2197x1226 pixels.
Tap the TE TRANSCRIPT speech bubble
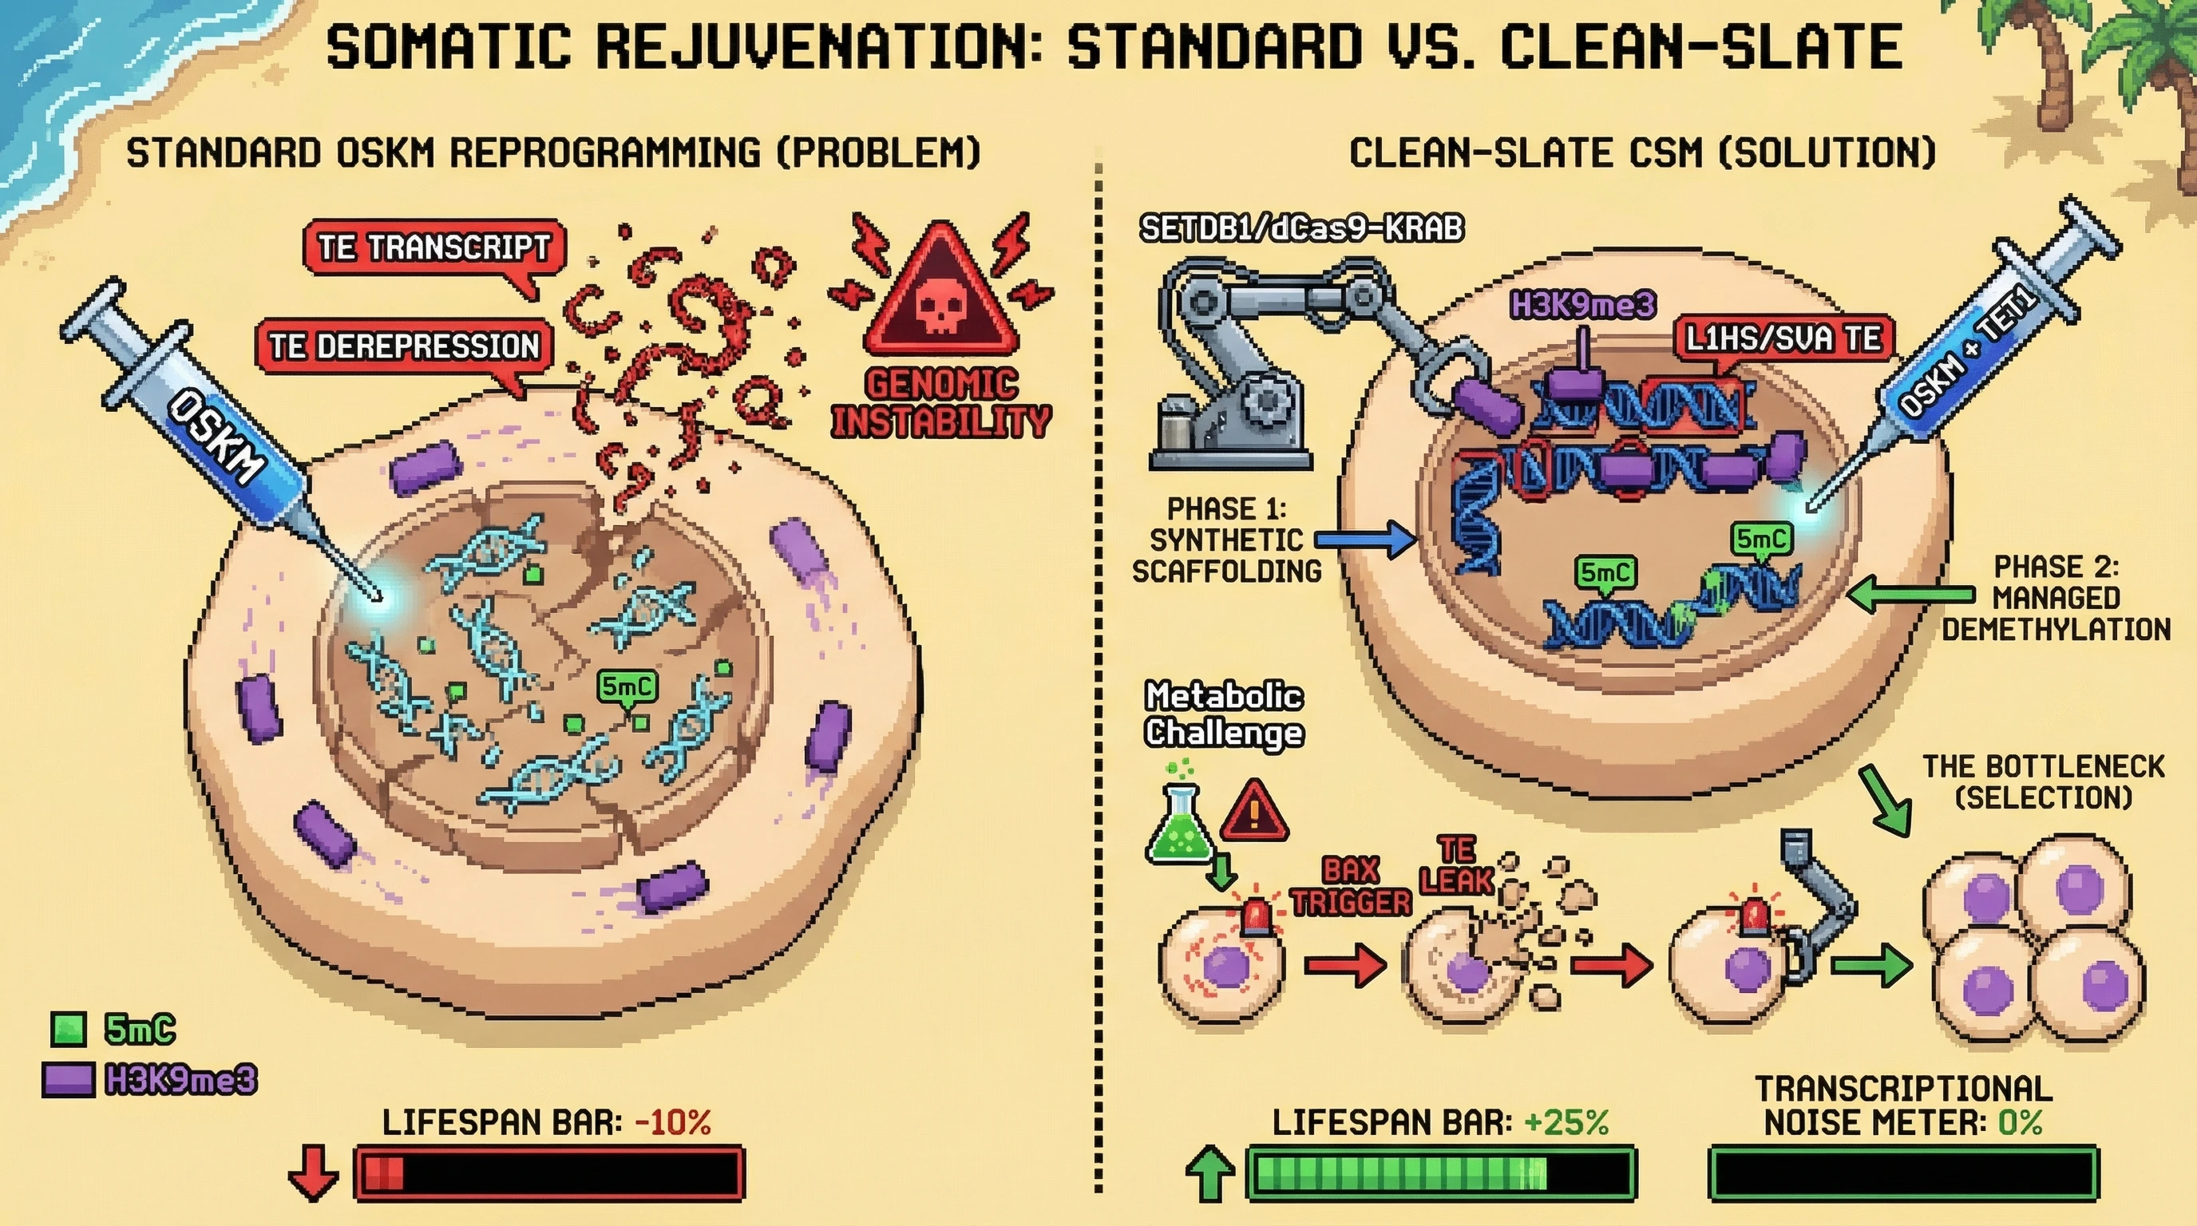433,247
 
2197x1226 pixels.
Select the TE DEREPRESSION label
404,346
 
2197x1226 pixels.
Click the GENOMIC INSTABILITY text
941,403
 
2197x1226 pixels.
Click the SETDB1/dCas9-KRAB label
1301,228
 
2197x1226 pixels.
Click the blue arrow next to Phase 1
1364,540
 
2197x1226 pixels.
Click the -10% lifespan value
673,1122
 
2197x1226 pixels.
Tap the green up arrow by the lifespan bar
1209,1173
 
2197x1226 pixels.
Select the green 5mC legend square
68,1029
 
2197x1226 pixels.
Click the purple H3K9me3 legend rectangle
68,1079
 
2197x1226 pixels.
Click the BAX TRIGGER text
1351,886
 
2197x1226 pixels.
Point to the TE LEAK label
1456,865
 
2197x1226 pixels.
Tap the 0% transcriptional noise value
2020,1122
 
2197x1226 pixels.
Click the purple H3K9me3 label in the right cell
1582,304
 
